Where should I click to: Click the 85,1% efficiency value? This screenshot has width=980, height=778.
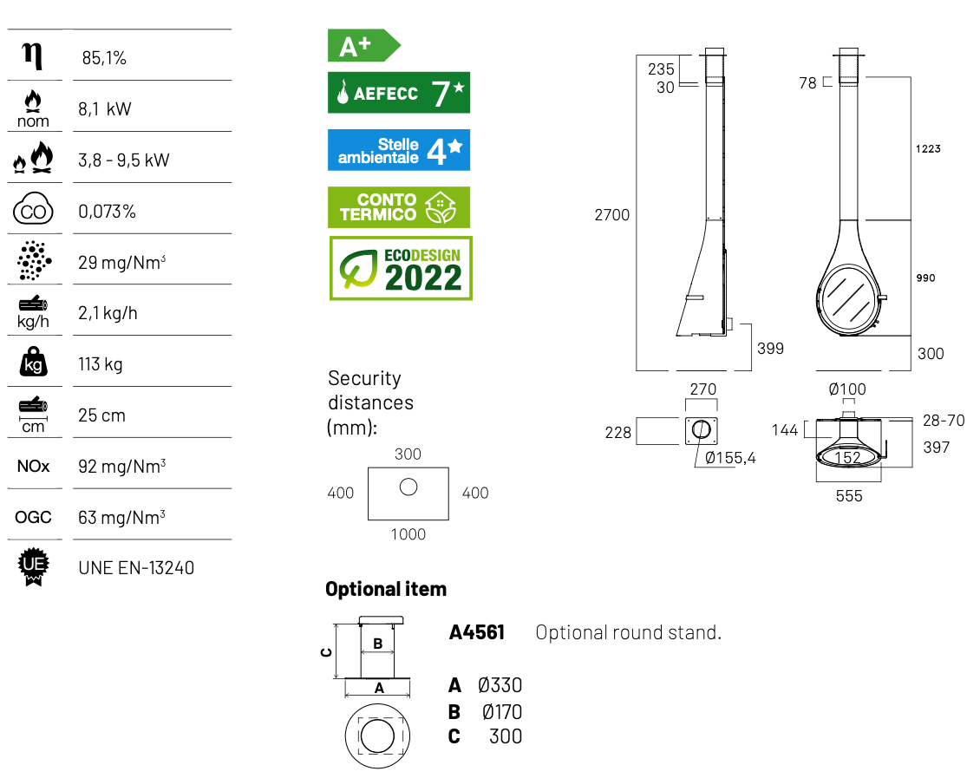pyautogui.click(x=104, y=58)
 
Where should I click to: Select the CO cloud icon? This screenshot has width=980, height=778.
pyautogui.click(x=33, y=209)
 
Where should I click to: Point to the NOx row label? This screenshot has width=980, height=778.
pyautogui.click(x=33, y=466)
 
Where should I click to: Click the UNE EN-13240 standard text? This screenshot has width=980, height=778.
pyautogui.click(x=136, y=568)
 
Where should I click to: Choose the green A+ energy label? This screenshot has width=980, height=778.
pyautogui.click(x=363, y=46)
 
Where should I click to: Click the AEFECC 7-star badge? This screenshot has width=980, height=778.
pyautogui.click(x=399, y=93)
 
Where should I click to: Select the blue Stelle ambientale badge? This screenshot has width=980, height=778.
pyautogui.click(x=399, y=150)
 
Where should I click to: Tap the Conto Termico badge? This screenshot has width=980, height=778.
pyautogui.click(x=399, y=207)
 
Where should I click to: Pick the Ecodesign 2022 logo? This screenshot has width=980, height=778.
pyautogui.click(x=401, y=268)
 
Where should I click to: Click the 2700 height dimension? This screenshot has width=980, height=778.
pyautogui.click(x=612, y=215)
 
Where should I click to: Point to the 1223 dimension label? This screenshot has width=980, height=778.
pyautogui.click(x=928, y=148)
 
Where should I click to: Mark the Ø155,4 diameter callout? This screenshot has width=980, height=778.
pyautogui.click(x=730, y=458)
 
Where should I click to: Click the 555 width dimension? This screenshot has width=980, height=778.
pyautogui.click(x=849, y=496)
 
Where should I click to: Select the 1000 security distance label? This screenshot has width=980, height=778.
pyautogui.click(x=408, y=534)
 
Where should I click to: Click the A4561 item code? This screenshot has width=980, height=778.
pyautogui.click(x=477, y=632)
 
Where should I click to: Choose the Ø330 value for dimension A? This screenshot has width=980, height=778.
pyautogui.click(x=500, y=685)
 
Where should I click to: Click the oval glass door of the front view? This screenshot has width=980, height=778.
pyautogui.click(x=846, y=297)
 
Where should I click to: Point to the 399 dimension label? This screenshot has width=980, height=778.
pyautogui.click(x=770, y=349)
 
